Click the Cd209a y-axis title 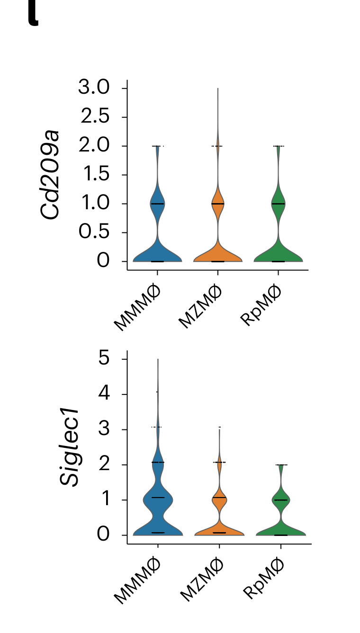click(x=51, y=175)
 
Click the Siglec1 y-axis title click(x=70, y=447)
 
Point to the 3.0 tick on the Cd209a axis click(x=94, y=88)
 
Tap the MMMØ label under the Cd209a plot click(x=138, y=307)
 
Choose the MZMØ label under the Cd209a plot click(x=200, y=307)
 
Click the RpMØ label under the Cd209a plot click(x=261, y=305)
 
